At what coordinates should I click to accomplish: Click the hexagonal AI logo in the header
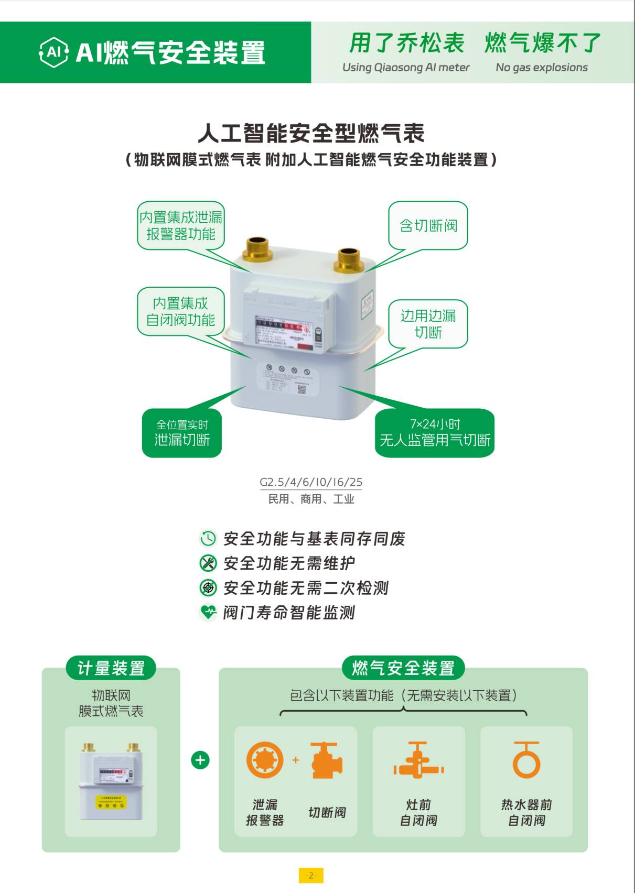[53, 52]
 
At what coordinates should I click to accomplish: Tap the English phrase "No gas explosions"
[541, 68]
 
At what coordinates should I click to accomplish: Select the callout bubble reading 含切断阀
[428, 225]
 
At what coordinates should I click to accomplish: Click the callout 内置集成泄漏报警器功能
[181, 225]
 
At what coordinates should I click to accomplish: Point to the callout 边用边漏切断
[428, 323]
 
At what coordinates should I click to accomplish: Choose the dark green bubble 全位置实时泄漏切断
[182, 433]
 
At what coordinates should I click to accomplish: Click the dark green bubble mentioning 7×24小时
[435, 433]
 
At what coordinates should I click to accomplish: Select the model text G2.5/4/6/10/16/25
[311, 482]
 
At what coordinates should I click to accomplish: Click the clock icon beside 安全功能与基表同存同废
[208, 538]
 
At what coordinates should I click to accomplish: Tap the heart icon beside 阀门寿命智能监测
[208, 612]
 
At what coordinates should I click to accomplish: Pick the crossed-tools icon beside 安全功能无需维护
[208, 563]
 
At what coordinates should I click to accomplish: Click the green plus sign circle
[200, 760]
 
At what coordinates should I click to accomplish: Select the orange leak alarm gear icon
[265, 760]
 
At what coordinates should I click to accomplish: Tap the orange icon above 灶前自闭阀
[418, 760]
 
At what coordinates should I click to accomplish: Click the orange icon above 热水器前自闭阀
[526, 760]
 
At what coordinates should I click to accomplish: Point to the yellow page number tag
[311, 875]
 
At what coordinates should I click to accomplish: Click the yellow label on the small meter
[111, 801]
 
